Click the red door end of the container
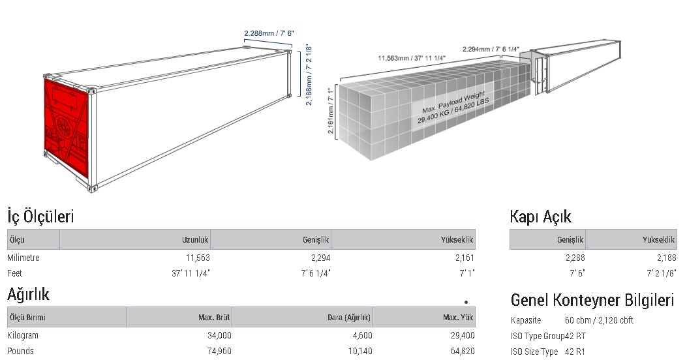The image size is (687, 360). point(67,128)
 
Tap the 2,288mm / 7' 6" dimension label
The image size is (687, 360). point(269,33)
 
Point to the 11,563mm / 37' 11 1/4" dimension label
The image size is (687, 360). point(412,58)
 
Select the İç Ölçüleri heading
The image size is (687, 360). point(40,217)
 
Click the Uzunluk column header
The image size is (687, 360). point(196,239)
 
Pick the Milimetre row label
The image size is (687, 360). point(23,258)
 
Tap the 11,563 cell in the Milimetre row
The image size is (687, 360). point(198,258)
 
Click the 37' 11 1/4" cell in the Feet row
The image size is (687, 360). point(191,273)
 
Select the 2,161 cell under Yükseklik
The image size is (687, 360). point(465,258)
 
